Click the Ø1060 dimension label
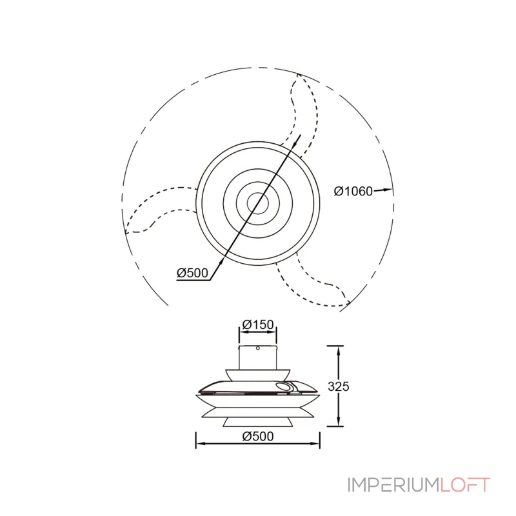click(x=353, y=191)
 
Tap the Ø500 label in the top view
click(x=192, y=273)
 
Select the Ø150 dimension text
click(x=258, y=324)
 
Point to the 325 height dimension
click(x=339, y=386)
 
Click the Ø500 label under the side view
click(x=258, y=437)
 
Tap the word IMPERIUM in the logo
click(x=393, y=485)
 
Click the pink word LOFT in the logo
click(x=465, y=485)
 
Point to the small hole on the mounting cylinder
click(x=258, y=348)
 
